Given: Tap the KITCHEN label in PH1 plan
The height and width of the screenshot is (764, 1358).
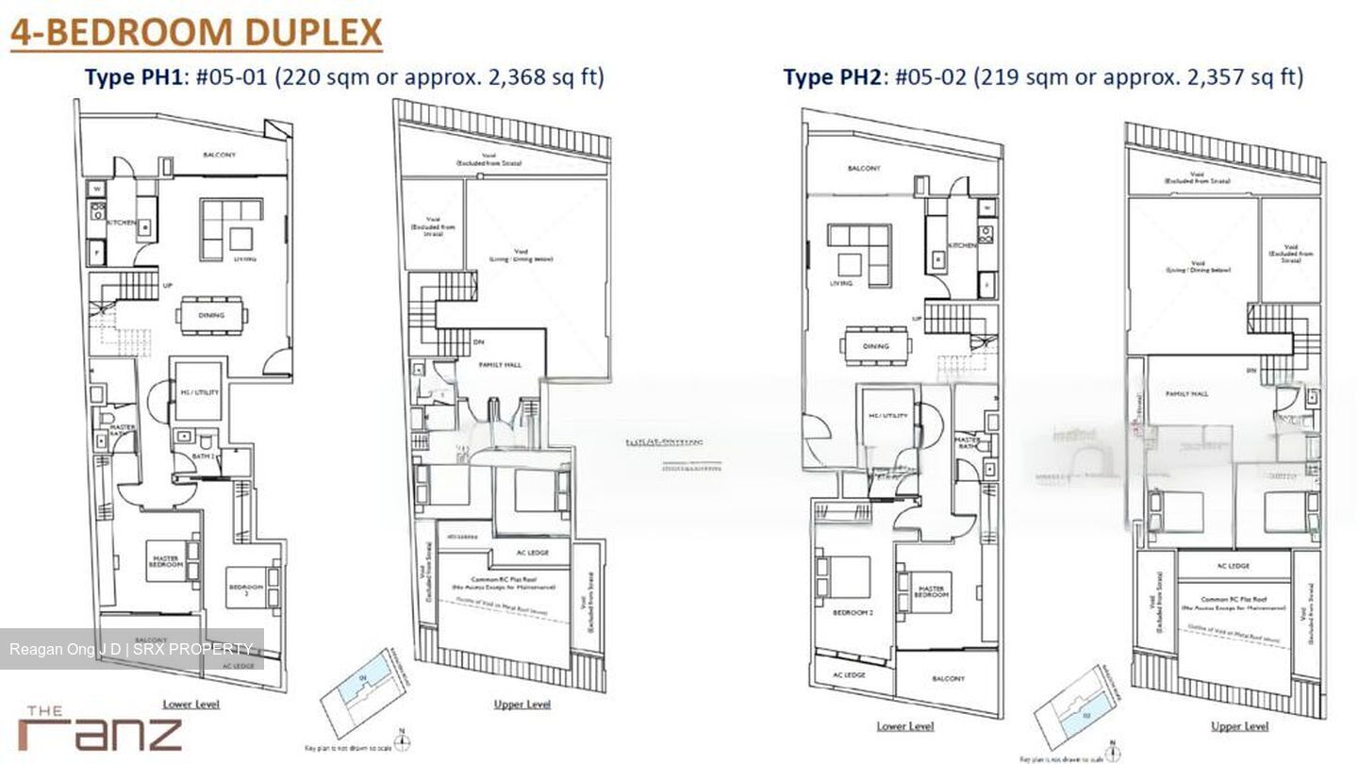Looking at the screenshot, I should (x=122, y=223).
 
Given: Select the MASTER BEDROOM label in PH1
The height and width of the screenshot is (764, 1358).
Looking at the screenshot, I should (x=165, y=561).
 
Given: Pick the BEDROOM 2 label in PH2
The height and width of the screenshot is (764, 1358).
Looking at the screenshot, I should (x=852, y=613).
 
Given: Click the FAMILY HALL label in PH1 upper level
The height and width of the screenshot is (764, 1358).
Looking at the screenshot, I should (x=500, y=364).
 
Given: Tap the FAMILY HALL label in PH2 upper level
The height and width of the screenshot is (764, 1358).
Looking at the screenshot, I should (x=1186, y=394).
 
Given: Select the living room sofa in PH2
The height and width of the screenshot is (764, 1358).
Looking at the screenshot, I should (x=859, y=254).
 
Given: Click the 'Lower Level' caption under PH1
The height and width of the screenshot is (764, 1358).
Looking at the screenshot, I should (x=190, y=704).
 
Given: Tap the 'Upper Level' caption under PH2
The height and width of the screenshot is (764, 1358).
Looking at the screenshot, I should (x=1238, y=725).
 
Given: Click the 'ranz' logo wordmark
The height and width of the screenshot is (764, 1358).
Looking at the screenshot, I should (x=100, y=733).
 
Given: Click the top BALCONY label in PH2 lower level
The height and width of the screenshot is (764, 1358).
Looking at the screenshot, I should (x=864, y=168).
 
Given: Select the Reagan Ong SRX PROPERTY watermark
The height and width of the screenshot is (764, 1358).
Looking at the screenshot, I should (x=131, y=649).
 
